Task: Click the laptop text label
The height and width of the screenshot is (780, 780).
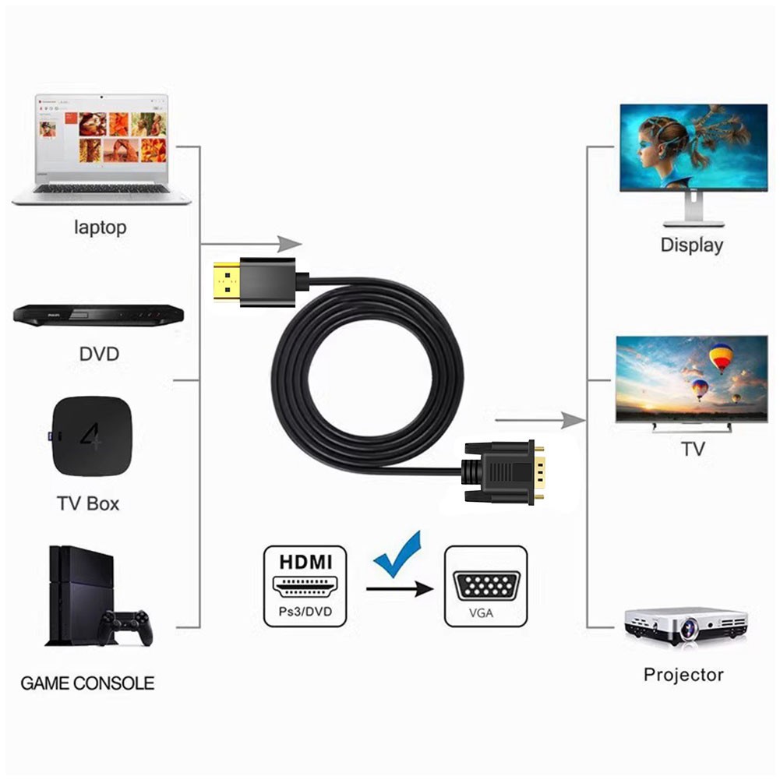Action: (x=100, y=228)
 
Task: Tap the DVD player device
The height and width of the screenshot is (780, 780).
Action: (x=98, y=315)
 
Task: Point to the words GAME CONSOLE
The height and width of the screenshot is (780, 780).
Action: (x=87, y=684)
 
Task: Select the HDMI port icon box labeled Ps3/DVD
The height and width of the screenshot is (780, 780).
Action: (x=305, y=587)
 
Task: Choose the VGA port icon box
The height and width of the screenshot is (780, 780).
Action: (x=485, y=587)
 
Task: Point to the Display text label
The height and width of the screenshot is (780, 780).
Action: (x=691, y=245)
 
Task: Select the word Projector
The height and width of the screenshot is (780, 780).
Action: (x=683, y=675)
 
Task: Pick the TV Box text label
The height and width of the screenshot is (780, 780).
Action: (x=88, y=503)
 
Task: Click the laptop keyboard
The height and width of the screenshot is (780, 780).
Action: (x=102, y=188)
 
